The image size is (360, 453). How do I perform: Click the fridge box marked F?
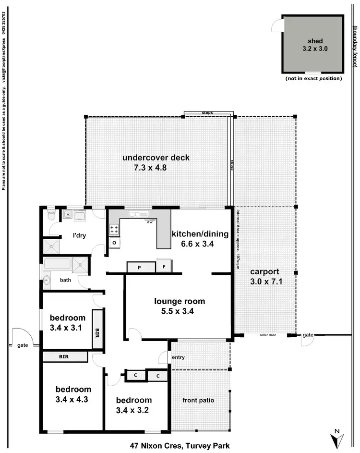(x=164, y=266)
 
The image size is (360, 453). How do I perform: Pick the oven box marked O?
(x=115, y=244)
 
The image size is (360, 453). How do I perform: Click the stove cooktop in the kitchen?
(x=114, y=229)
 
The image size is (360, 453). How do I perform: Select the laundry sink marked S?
(x=68, y=215)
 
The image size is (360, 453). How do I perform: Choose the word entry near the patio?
(x=178, y=357)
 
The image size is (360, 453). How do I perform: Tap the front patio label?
(x=198, y=400)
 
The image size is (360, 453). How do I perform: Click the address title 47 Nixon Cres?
(x=180, y=445)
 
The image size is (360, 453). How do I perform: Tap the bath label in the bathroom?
(x=65, y=280)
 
